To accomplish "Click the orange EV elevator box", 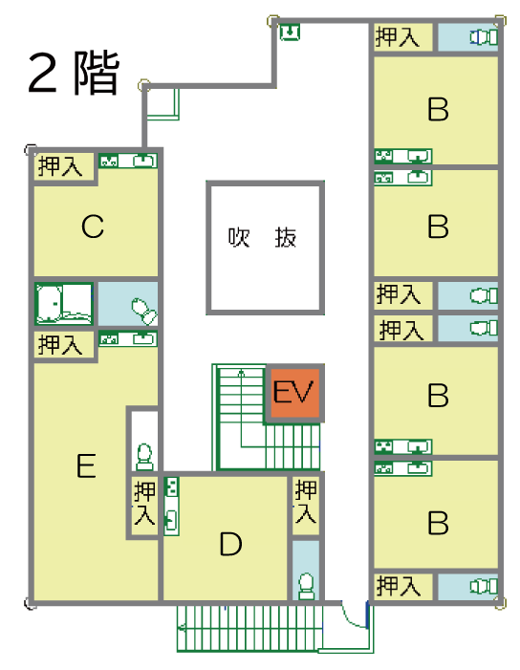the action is pos(294,393).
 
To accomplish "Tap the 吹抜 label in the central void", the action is pos(262,237).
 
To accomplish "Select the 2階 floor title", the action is pos(74,73).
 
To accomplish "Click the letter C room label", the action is pos(93,227).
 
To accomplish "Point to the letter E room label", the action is pos(86,465).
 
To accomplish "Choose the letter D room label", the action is pos(230,544).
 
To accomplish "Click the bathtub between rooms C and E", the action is pos(64,304).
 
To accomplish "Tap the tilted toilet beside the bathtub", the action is pos(143,311).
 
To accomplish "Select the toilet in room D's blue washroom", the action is pos(306,586).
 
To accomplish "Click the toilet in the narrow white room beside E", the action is pos(144,457).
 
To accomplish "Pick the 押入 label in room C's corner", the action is pos(60,165).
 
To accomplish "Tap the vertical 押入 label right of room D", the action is pos(306,502).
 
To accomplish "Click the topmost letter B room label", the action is pos(439,109).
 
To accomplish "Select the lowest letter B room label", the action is pos(439,523).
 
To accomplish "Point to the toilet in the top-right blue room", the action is pos(484,37).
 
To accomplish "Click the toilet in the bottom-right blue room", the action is pos(484,586).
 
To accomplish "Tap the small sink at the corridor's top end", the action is pos(290,32).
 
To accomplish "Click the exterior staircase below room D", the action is pos(249,629).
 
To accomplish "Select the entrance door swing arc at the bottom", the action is pos(353,616).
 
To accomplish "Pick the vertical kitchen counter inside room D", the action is pos(171,506).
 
